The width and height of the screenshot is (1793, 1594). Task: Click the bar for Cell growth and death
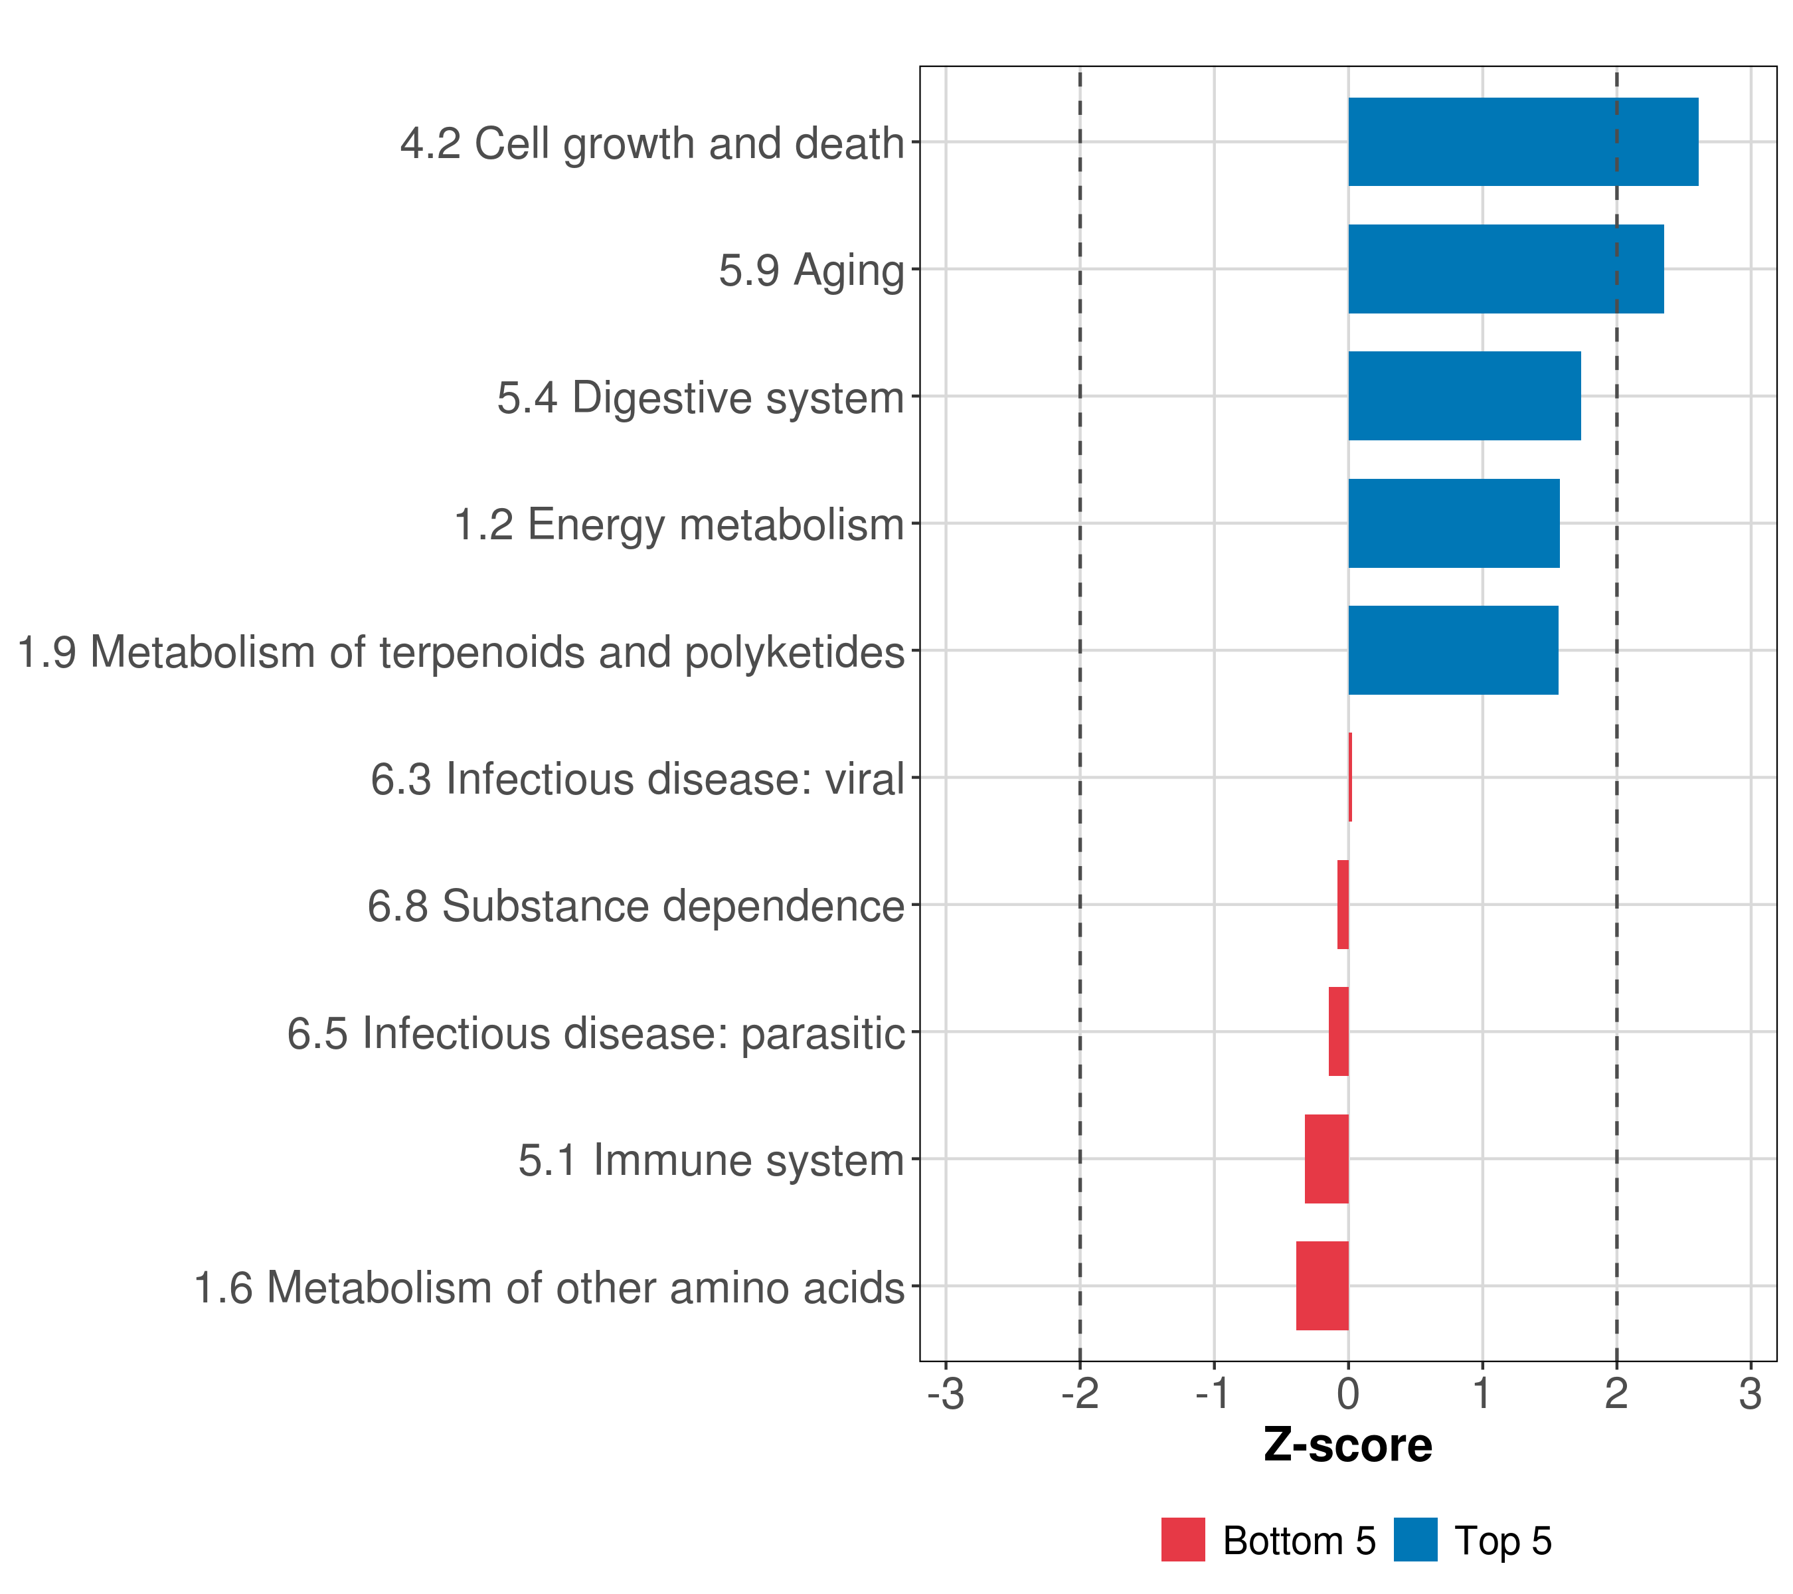tap(1522, 142)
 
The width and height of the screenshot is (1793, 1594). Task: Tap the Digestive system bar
tap(1464, 396)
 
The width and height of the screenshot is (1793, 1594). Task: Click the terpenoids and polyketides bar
tap(1452, 650)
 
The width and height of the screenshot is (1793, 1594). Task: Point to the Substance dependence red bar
tap(1343, 905)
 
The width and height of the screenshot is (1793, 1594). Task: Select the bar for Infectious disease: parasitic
tap(1339, 1031)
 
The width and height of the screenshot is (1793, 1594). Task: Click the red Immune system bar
tap(1326, 1159)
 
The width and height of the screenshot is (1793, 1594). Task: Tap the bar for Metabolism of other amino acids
tap(1322, 1286)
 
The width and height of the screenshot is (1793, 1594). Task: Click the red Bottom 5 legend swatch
tap(1183, 1540)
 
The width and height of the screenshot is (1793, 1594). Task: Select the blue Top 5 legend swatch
tap(1415, 1540)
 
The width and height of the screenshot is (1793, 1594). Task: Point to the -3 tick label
tap(946, 1394)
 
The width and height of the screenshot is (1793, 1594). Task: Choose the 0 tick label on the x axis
tap(1348, 1394)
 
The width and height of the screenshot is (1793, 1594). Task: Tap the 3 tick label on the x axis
tap(1750, 1394)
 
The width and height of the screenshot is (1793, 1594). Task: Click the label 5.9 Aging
tap(811, 270)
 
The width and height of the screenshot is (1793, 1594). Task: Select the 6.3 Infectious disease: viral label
tap(637, 779)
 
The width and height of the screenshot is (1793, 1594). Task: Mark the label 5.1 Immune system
tap(711, 1160)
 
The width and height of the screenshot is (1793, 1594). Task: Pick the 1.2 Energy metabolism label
tap(679, 525)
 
